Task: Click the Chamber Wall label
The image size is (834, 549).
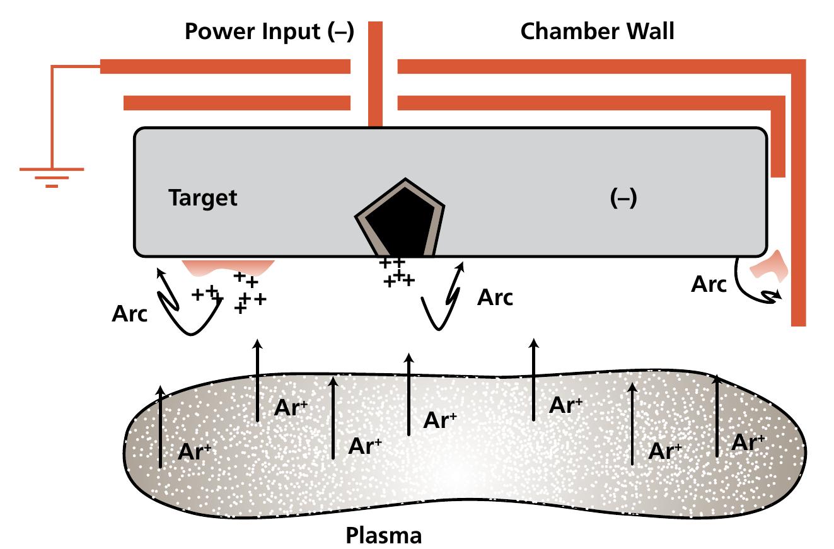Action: (x=597, y=32)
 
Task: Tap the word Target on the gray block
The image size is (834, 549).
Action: (x=203, y=198)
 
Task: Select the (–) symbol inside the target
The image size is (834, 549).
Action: (x=623, y=198)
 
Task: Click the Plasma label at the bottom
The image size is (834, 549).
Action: (x=383, y=536)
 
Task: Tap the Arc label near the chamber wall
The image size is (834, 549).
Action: (x=709, y=285)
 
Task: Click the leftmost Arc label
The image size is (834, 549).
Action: (x=129, y=314)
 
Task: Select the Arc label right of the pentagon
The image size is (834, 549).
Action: (x=495, y=298)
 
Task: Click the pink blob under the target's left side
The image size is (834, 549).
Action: (x=227, y=266)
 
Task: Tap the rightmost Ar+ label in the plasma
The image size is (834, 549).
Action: (x=749, y=442)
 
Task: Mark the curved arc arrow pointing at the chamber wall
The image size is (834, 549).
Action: (x=760, y=293)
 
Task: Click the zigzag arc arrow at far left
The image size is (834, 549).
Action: (x=180, y=303)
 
